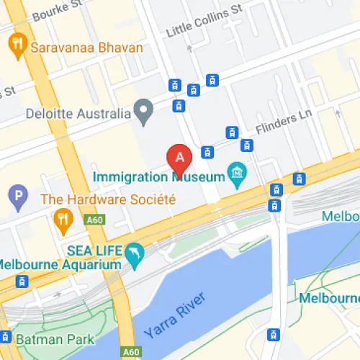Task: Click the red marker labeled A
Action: pos(179,156)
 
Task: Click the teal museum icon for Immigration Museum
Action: pos(236,173)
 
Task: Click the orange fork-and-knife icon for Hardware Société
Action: pos(64,217)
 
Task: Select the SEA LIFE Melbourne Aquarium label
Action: pos(61,256)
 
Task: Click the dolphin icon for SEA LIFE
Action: pos(134,253)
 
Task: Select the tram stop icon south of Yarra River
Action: pos(274,334)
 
